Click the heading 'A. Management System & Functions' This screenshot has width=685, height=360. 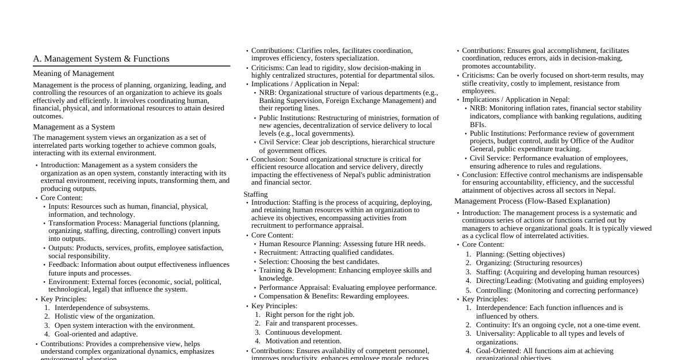pyautogui.click(x=101, y=59)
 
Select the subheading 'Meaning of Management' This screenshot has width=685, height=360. pyautogui.click(x=74, y=74)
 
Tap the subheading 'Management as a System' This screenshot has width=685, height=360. pyautogui.click(x=74, y=127)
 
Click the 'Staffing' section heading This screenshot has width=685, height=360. pyautogui.click(x=255, y=194)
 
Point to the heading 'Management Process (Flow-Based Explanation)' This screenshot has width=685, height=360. pyautogui.click(x=532, y=201)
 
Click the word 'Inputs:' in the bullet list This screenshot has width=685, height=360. pyautogui.click(x=59, y=206)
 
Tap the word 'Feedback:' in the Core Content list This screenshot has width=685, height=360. pyautogui.click(x=64, y=265)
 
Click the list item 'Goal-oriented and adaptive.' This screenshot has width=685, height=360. pyautogui.click(x=96, y=334)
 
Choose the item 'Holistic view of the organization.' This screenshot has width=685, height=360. pyautogui.click(x=105, y=316)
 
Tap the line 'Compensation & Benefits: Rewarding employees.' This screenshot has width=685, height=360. pyautogui.click(x=334, y=296)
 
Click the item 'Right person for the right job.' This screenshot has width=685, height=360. pyautogui.click(x=309, y=315)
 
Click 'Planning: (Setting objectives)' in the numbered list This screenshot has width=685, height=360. pyautogui.click(x=520, y=254)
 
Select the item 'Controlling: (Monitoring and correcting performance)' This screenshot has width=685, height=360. pyautogui.click(x=556, y=290)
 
